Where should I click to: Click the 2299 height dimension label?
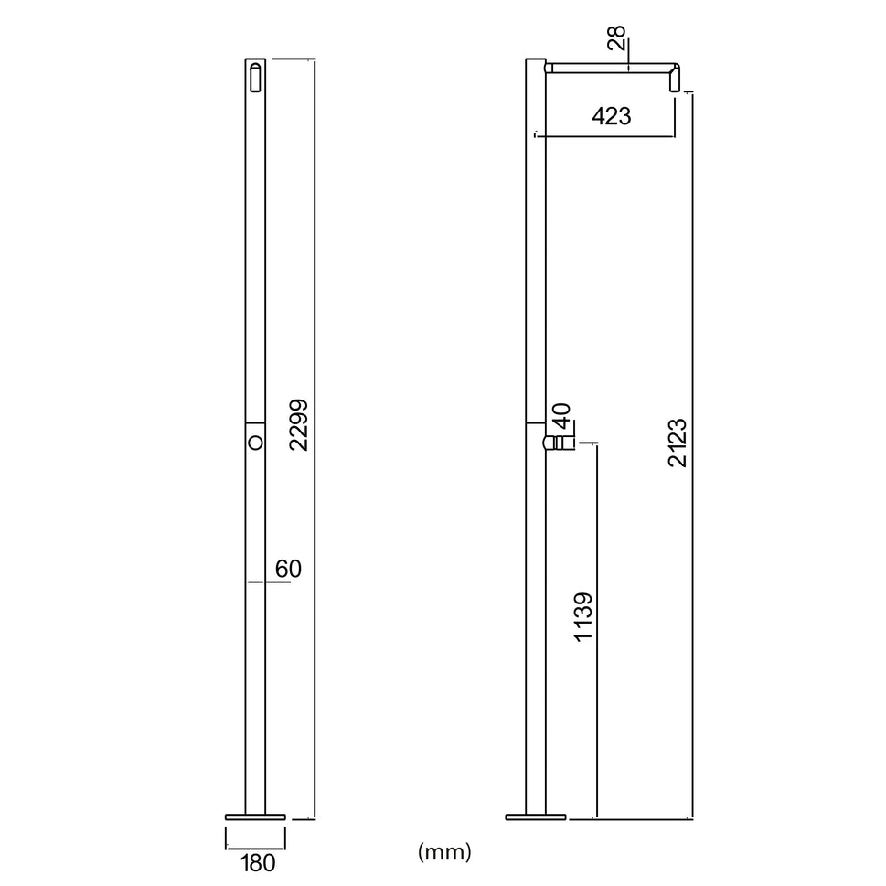pyautogui.click(x=298, y=424)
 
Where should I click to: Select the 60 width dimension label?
pyautogui.click(x=288, y=569)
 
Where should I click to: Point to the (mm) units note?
pyautogui.click(x=444, y=853)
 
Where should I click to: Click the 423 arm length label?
pyautogui.click(x=612, y=116)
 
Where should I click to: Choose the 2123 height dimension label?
pyautogui.click(x=678, y=442)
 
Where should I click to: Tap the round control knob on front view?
pyautogui.click(x=255, y=443)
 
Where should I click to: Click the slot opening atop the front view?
pyautogui.click(x=255, y=77)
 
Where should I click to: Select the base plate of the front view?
pyautogui.click(x=255, y=816)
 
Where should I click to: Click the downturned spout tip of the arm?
pyautogui.click(x=676, y=80)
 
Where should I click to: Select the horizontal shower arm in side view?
pyautogui.click(x=608, y=67)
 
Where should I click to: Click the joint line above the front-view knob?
pyautogui.click(x=255, y=422)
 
